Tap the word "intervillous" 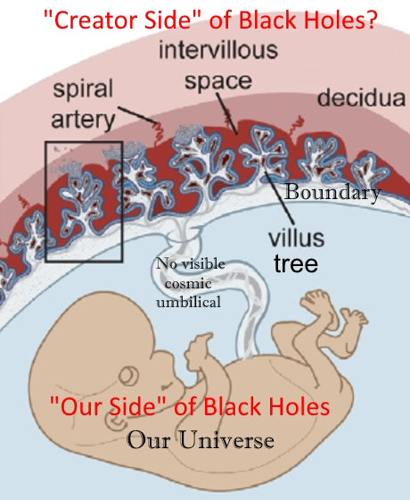click(x=218, y=50)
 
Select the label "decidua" click(x=361, y=97)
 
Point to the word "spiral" click(x=83, y=89)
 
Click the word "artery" click(x=83, y=120)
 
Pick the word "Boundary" click(x=332, y=192)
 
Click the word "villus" click(x=296, y=237)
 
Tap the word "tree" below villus click(x=296, y=264)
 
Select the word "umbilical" click(x=188, y=302)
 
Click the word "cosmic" click(x=188, y=283)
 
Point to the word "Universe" click(x=226, y=440)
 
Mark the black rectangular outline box click(x=45, y=201)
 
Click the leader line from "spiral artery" click(x=137, y=115)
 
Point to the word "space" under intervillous click(x=218, y=81)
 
